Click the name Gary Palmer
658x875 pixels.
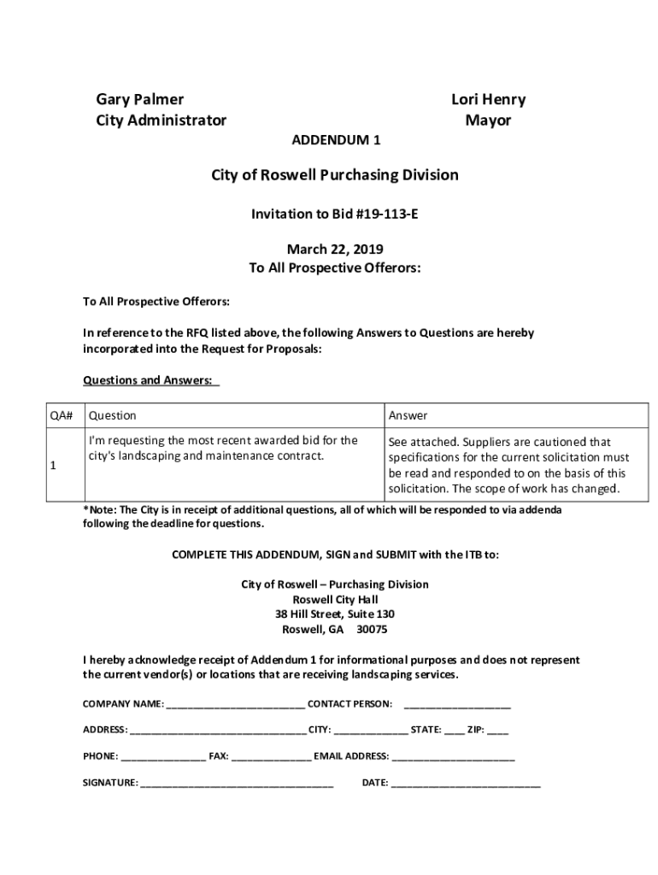pyautogui.click(x=139, y=100)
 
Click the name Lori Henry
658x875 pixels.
pyautogui.click(x=488, y=100)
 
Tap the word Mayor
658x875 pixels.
pyautogui.click(x=488, y=120)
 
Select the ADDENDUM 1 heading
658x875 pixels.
pyautogui.click(x=336, y=140)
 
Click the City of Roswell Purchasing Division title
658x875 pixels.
pyautogui.click(x=335, y=175)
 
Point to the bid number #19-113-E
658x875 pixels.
pyautogui.click(x=384, y=214)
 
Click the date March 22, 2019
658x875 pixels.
pyautogui.click(x=335, y=250)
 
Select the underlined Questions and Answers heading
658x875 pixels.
pyautogui.click(x=150, y=380)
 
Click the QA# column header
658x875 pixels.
pyautogui.click(x=61, y=416)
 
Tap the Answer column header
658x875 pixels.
pyautogui.click(x=408, y=416)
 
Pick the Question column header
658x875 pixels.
pyautogui.click(x=112, y=416)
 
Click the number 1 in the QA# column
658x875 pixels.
pyautogui.click(x=53, y=466)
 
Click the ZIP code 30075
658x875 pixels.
pyautogui.click(x=372, y=630)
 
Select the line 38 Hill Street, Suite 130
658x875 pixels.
pyautogui.click(x=335, y=614)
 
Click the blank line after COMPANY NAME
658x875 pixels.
pyautogui.click(x=235, y=705)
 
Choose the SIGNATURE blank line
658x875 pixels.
pyautogui.click(x=237, y=784)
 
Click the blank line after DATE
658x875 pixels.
pyautogui.click(x=466, y=784)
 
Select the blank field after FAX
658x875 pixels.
pyautogui.click(x=271, y=757)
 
